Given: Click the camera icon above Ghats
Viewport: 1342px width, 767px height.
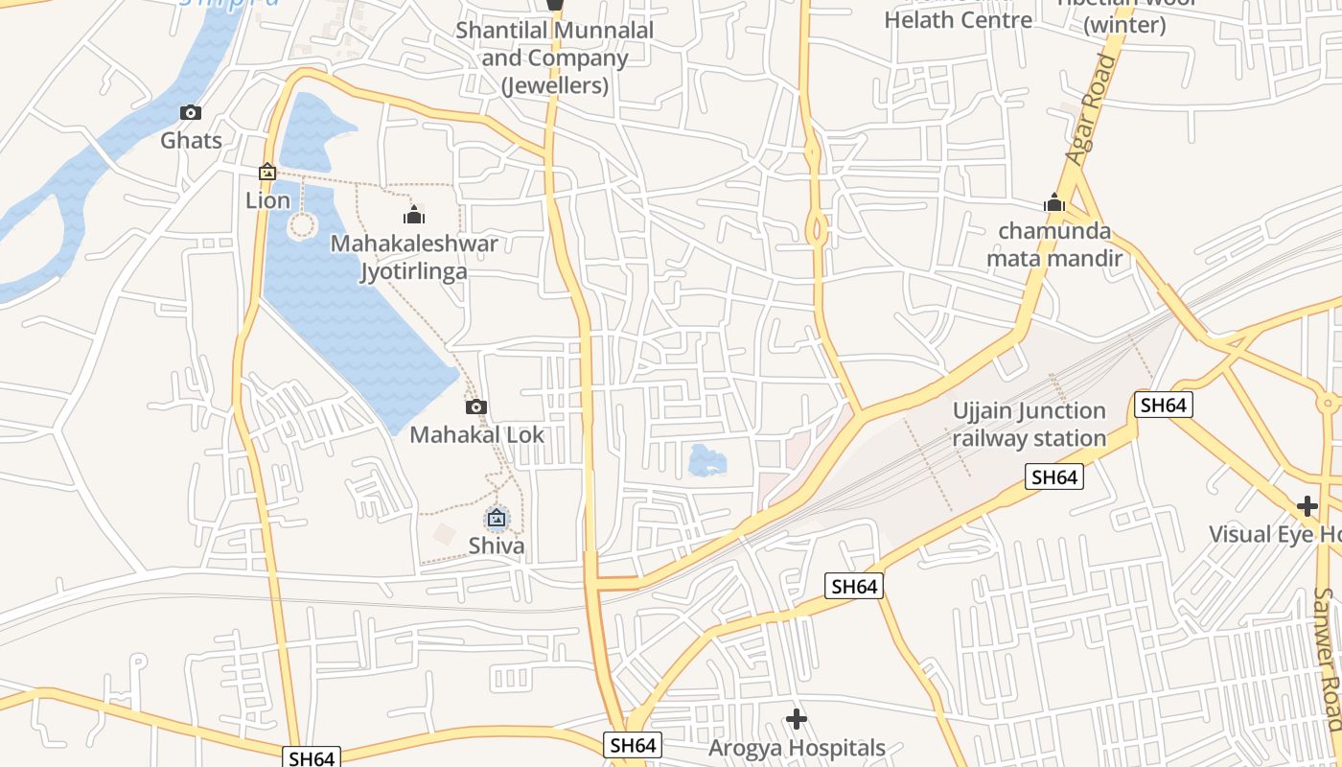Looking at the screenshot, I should point(191,113).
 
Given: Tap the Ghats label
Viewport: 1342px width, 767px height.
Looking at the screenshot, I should point(191,141).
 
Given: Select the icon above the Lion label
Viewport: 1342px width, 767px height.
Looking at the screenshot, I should point(267,173).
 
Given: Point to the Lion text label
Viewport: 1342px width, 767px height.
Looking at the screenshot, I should point(267,200).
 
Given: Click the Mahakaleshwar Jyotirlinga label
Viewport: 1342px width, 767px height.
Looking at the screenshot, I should point(414,257).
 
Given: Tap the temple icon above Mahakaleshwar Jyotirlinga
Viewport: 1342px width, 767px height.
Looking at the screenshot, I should point(414,215).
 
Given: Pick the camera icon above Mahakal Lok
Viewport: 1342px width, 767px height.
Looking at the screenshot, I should point(476,407).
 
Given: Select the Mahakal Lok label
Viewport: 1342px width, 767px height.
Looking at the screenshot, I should point(476,435).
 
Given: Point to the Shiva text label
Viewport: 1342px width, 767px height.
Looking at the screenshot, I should point(496,546).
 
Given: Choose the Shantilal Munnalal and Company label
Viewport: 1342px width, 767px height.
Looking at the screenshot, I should point(554,58).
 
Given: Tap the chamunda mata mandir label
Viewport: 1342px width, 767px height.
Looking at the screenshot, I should point(1054,244).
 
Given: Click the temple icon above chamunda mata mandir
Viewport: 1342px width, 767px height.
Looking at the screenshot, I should point(1054,203).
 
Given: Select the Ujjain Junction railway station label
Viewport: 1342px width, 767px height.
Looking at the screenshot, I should point(1029,425).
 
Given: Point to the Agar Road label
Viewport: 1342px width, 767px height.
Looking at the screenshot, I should point(1092,110).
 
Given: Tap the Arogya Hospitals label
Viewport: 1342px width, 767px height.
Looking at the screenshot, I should point(797,748).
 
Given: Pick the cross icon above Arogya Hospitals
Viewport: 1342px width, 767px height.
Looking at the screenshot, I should point(797,719).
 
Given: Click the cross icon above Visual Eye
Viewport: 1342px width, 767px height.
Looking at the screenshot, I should point(1307,506).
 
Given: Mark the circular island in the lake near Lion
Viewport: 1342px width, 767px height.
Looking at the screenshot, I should point(302,226).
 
